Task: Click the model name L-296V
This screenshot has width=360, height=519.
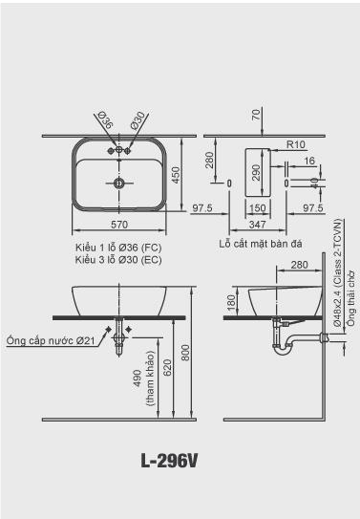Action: point(169,461)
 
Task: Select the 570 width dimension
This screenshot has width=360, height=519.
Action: point(119,225)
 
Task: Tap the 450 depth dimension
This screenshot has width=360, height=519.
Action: point(176,175)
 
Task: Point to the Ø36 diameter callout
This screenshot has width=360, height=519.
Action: point(106,120)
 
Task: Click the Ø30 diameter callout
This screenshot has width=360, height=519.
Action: point(138,120)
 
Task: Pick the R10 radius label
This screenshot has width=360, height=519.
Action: point(296,144)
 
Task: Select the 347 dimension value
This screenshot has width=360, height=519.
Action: point(258,225)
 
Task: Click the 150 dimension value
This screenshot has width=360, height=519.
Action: point(258,208)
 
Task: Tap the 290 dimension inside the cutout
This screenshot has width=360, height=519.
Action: point(256,173)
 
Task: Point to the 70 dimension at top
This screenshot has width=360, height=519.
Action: point(256,116)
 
